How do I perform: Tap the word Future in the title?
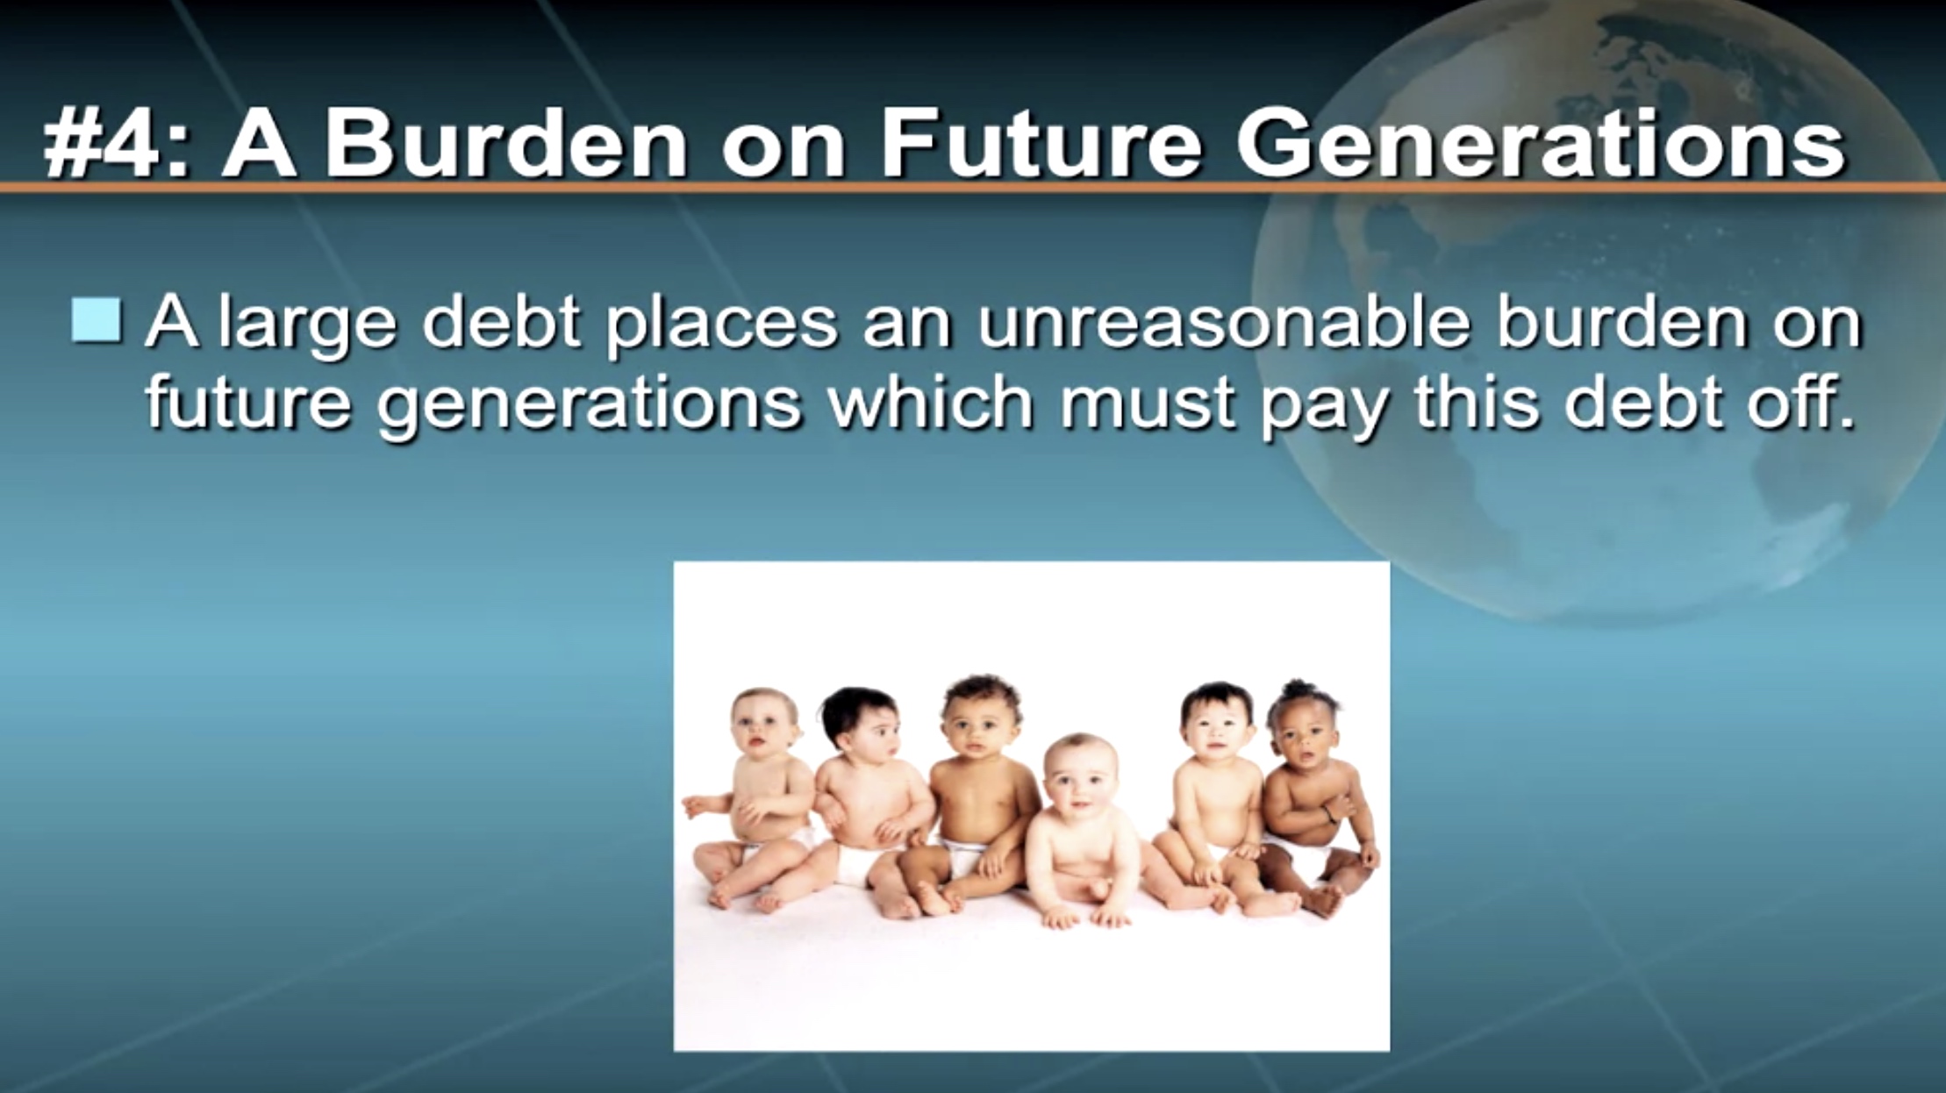tap(1041, 144)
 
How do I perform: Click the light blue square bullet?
tap(97, 320)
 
